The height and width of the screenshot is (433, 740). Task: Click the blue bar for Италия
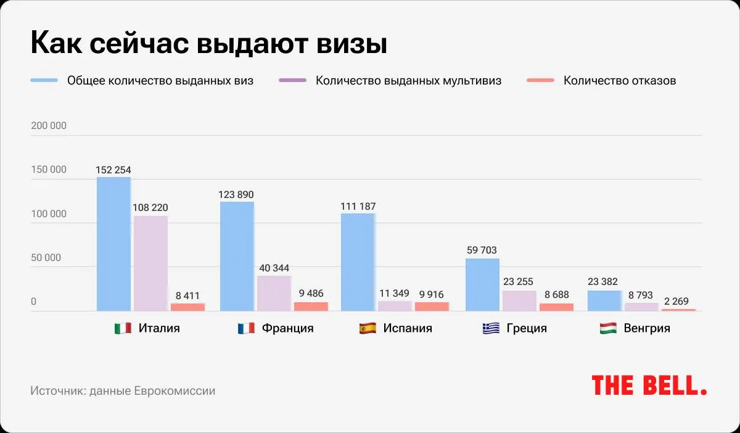tap(113, 244)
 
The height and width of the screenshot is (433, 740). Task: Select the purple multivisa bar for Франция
tap(274, 293)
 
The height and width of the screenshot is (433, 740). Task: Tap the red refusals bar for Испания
tap(432, 307)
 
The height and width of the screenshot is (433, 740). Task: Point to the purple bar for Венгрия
tap(641, 307)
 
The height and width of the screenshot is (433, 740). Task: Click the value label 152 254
tap(113, 170)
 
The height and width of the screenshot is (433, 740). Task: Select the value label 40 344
tap(274, 268)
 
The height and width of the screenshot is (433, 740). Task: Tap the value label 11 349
tap(394, 294)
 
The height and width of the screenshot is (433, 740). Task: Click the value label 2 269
tap(678, 302)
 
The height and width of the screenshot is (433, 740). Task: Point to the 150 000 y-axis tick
tap(49, 170)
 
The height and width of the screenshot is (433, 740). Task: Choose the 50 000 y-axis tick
tap(46, 258)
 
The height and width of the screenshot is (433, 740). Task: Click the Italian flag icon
tap(123, 329)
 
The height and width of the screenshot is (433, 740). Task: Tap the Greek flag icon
tap(491, 329)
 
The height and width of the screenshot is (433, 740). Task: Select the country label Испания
tap(408, 328)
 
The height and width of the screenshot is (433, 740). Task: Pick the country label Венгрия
tap(647, 328)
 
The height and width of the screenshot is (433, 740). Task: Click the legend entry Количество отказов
tap(620, 81)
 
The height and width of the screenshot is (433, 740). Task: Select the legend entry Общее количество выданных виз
tap(160, 81)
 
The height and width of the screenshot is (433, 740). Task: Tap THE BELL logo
tap(649, 385)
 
